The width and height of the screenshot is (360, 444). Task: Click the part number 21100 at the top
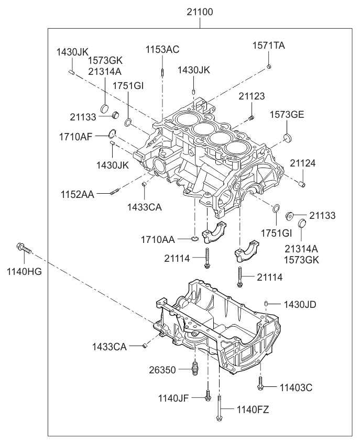[200, 11]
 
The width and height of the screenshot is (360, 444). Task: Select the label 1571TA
[269, 46]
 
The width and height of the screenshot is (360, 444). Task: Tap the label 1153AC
[162, 50]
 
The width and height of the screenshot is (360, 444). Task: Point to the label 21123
[252, 96]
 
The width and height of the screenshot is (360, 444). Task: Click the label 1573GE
[287, 114]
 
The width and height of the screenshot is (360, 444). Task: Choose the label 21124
[303, 163]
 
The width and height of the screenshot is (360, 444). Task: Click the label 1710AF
[76, 137]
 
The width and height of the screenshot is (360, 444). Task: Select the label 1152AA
[77, 194]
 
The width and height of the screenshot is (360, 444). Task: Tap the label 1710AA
[158, 239]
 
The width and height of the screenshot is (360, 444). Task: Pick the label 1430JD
[300, 304]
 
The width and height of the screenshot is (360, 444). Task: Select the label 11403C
[296, 387]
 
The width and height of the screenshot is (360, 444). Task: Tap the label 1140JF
[173, 398]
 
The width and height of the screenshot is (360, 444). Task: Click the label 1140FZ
[253, 410]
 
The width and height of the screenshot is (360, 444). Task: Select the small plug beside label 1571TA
[269, 66]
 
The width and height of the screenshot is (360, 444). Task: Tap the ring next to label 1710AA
[194, 239]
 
